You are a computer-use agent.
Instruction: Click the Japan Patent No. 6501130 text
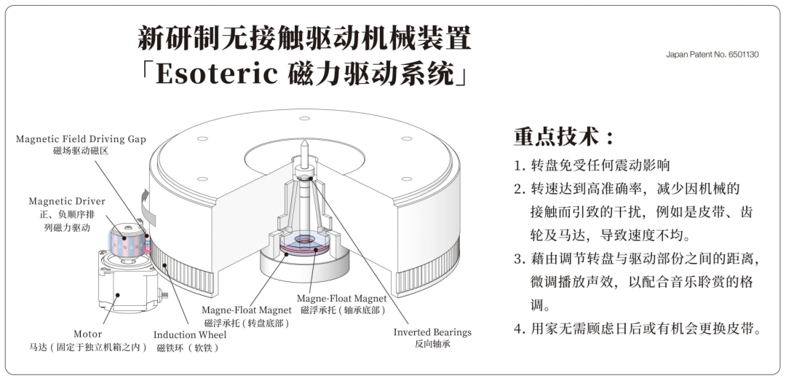712,55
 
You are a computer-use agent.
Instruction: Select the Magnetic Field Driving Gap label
81,139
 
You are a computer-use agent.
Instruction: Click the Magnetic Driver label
67,201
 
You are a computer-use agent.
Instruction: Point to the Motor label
88,334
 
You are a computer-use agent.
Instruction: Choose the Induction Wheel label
189,335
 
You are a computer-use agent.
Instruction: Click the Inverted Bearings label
432,332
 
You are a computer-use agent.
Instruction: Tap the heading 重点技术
557,137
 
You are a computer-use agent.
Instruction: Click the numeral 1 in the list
518,165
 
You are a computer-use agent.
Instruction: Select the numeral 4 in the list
519,329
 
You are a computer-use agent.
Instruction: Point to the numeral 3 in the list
519,259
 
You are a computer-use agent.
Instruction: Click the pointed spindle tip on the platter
303,144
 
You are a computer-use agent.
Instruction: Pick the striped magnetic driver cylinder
128,243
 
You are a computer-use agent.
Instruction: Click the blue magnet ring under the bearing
304,239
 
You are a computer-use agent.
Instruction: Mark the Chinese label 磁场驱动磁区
81,151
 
